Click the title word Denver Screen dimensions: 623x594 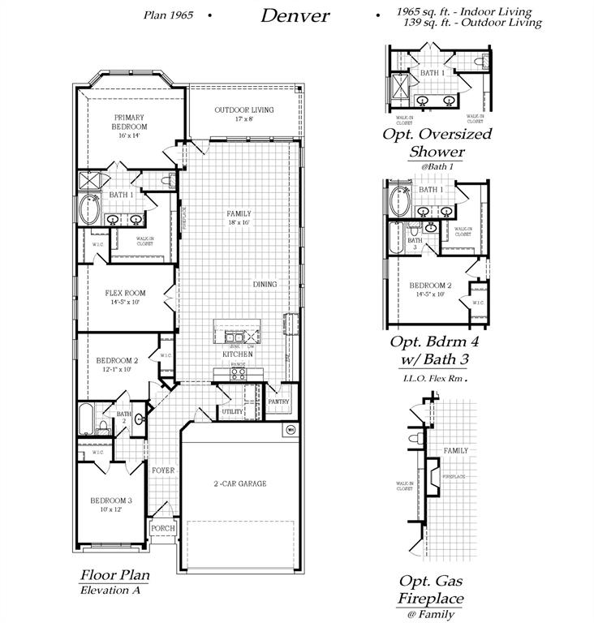pyautogui.click(x=295, y=15)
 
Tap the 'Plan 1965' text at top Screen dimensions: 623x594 pyautogui.click(x=168, y=15)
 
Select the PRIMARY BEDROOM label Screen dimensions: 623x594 pyautogui.click(x=130, y=122)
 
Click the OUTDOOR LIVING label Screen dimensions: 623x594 pyautogui.click(x=243, y=110)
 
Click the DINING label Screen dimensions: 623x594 pyautogui.click(x=265, y=285)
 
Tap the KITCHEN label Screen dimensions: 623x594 pyautogui.click(x=238, y=354)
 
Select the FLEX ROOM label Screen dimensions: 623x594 pyautogui.click(x=125, y=294)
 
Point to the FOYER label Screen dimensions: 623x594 pyautogui.click(x=163, y=470)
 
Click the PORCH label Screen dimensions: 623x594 pyautogui.click(x=162, y=528)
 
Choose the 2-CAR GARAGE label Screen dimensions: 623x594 pyautogui.click(x=240, y=484)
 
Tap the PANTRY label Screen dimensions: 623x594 pyautogui.click(x=278, y=401)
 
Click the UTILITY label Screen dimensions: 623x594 pyautogui.click(x=232, y=411)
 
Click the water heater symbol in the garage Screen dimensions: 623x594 pyautogui.click(x=289, y=431)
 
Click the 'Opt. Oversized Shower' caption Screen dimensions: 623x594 pyautogui.click(x=437, y=143)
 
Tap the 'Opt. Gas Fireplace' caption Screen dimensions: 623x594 pyautogui.click(x=430, y=590)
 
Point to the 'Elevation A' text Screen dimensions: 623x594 pyautogui.click(x=110, y=590)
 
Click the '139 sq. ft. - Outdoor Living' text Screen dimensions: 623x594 pyautogui.click(x=471, y=23)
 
